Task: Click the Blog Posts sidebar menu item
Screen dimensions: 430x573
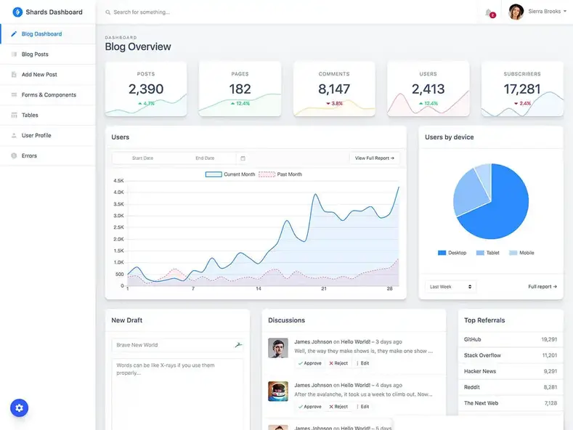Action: [35, 54]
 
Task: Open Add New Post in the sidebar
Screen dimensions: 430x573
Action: [39, 75]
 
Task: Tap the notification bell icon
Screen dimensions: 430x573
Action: [489, 12]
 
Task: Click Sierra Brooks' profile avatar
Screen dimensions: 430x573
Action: [516, 12]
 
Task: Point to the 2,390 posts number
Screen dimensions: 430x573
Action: [146, 89]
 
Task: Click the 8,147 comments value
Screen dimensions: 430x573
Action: [334, 89]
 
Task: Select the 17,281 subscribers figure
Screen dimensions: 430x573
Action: [522, 89]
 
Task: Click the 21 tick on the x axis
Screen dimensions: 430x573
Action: [324, 288]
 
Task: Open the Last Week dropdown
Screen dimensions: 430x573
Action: [450, 287]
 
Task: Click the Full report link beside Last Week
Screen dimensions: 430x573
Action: [542, 287]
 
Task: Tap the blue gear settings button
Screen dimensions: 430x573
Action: [19, 408]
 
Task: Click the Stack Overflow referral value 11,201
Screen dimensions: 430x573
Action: [549, 356]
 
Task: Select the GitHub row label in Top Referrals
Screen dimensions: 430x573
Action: [473, 339]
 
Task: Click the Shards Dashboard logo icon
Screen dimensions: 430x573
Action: [17, 12]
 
